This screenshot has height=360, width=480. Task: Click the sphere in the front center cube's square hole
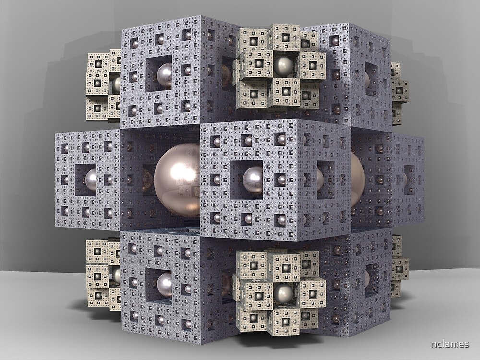coord(252,179)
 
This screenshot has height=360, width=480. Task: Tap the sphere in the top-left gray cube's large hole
coord(165,75)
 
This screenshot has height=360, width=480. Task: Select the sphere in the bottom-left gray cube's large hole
coord(165,284)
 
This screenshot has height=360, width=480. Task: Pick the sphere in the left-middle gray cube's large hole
coord(91,180)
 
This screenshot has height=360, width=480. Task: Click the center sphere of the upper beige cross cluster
coord(283,66)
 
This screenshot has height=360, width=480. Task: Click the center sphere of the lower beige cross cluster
coord(283,293)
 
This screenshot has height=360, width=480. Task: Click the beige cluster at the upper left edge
coord(103,85)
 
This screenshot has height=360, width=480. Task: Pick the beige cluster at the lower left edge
coord(103,274)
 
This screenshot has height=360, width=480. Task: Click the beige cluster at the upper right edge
coord(398,91)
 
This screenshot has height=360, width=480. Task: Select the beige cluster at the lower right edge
coord(398,266)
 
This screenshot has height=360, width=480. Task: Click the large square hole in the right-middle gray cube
coord(408,179)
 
